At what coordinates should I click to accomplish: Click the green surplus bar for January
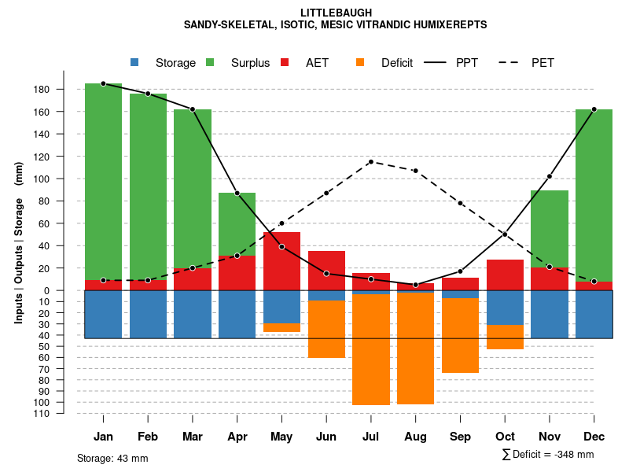click(103, 181)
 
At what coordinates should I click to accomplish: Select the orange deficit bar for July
click(371, 349)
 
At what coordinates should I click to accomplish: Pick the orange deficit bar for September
click(460, 335)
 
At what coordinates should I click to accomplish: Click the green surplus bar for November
click(550, 229)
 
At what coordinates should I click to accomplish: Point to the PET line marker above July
click(371, 162)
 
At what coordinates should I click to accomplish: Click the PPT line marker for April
click(237, 194)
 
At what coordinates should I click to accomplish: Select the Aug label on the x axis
click(415, 437)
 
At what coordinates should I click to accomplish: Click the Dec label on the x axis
click(594, 437)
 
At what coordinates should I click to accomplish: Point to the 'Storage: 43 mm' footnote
click(112, 458)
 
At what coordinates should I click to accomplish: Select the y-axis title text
click(19, 244)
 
